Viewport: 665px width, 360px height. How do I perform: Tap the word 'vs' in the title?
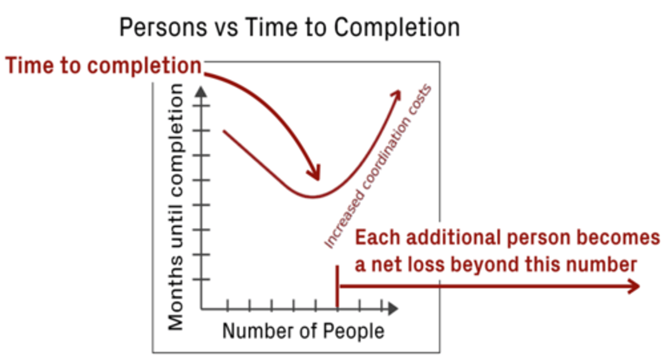pyautogui.click(x=227, y=28)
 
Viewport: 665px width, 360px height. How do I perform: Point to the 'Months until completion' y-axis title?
pyautogui.click(x=175, y=208)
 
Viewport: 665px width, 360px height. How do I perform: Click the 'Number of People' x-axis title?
pyautogui.click(x=303, y=331)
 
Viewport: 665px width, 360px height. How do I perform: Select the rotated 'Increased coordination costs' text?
pyautogui.click(x=379, y=167)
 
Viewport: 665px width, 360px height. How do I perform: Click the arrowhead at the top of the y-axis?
pyautogui.click(x=201, y=91)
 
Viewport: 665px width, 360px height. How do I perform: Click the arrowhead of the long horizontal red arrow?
pyautogui.click(x=635, y=287)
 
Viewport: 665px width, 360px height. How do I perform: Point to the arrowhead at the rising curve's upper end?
pyautogui.click(x=397, y=94)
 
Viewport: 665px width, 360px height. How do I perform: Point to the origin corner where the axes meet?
pyautogui.click(x=201, y=308)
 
